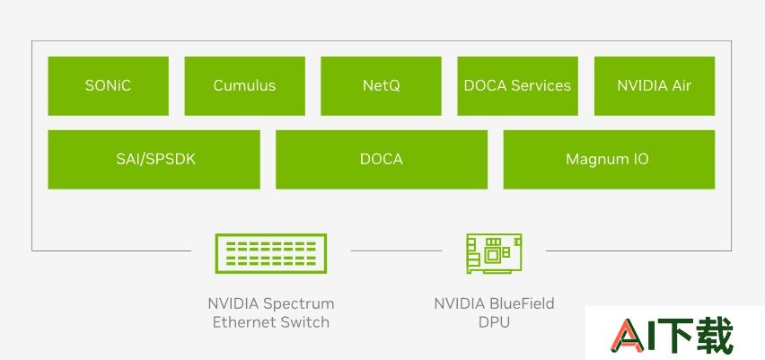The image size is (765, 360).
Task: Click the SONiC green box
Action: point(109,86)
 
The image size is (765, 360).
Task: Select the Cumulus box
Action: point(244,86)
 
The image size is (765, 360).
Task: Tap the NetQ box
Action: point(381,86)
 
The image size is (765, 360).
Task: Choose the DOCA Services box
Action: point(518,86)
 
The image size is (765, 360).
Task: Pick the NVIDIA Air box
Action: point(655,86)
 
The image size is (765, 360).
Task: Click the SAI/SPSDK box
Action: point(154,159)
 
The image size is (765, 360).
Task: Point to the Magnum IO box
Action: point(609,159)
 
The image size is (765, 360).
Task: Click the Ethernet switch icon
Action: point(271,253)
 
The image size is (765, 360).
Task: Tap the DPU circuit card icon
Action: point(494,253)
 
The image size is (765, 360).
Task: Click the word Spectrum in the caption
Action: point(299,304)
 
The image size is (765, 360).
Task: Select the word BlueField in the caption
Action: point(522,303)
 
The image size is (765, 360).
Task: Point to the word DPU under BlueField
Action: point(494,322)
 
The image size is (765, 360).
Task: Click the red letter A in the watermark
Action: point(628,336)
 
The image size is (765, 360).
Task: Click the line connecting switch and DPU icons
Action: point(396,250)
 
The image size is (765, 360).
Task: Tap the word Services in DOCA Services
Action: point(541,86)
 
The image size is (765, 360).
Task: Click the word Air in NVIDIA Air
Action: point(681,86)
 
